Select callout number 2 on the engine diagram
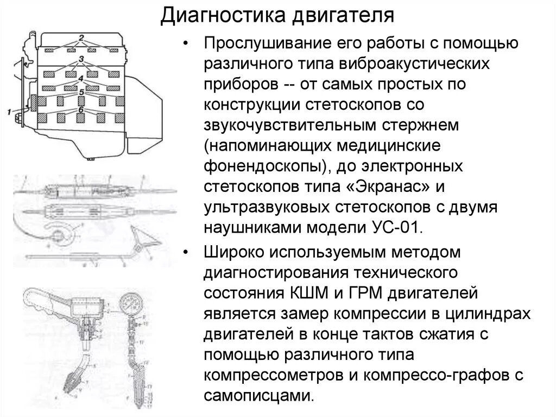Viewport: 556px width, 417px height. coord(81,38)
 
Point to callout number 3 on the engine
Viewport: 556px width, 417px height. coord(81,58)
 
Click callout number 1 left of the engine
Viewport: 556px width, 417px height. coord(9,112)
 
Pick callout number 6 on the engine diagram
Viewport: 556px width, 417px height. coord(81,109)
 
